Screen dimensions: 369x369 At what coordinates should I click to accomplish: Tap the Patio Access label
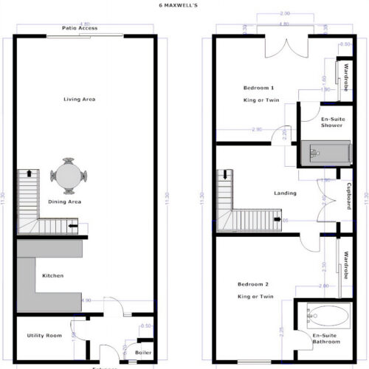pos(81,28)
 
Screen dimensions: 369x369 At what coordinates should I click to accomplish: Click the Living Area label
pos(80,99)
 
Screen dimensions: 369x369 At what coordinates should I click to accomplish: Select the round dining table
pos(69,176)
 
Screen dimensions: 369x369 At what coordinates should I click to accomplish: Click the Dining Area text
pos(65,201)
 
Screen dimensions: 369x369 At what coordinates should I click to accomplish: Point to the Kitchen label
pos(52,275)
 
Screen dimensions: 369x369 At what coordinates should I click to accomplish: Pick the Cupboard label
pos(348,196)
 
